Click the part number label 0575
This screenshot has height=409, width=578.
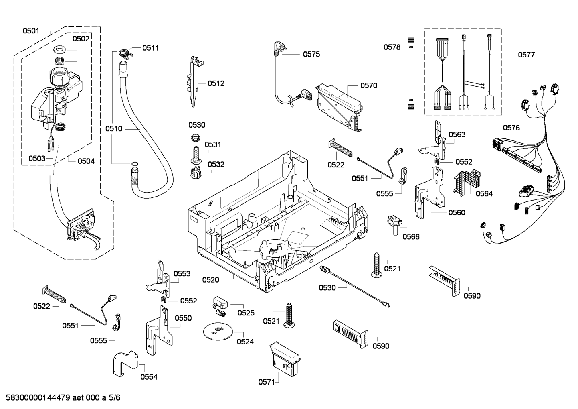[x=311, y=54]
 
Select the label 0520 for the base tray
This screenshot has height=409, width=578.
[x=210, y=279]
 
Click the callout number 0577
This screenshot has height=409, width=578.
[x=526, y=55]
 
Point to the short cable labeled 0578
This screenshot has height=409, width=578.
[x=410, y=73]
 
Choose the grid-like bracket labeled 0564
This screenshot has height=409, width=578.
[x=467, y=180]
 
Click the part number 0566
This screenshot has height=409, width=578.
[x=411, y=236]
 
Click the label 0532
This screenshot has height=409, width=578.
[x=216, y=164]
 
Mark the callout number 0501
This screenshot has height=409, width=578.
[x=31, y=31]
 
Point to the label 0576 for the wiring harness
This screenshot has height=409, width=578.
[x=511, y=128]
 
